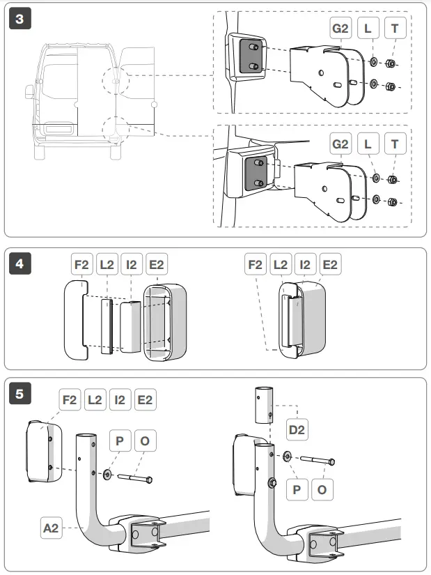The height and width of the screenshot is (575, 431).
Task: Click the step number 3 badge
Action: point(19,19)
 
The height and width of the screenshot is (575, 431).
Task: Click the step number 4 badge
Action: point(19,264)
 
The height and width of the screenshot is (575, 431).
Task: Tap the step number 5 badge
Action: point(19,394)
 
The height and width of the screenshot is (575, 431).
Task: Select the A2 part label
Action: point(50,530)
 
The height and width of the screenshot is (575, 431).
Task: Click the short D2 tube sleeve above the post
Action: point(262,404)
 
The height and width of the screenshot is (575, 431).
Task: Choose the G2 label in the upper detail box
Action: point(340,29)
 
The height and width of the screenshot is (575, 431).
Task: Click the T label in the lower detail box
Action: point(395,144)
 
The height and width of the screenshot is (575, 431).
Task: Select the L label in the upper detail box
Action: point(368,29)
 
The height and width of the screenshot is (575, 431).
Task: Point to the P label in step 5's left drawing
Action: point(120,441)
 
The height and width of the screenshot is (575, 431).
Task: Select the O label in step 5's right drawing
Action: point(321,490)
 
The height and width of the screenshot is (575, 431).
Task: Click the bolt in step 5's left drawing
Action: point(135,478)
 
